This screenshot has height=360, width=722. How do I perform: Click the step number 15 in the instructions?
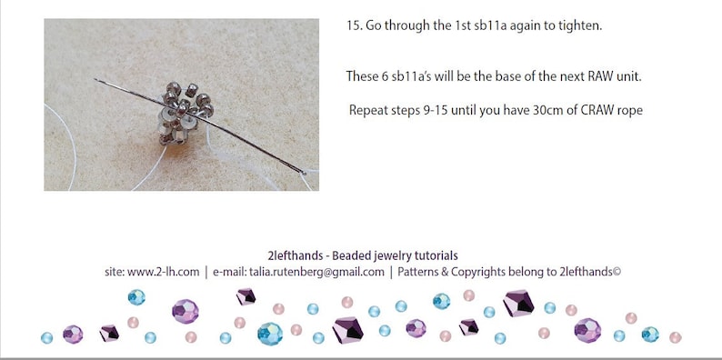(354, 25)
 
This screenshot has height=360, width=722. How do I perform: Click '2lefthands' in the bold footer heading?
(287, 255)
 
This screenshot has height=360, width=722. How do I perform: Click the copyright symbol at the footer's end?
(617, 271)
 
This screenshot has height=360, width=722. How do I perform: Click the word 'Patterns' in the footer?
(420, 271)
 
